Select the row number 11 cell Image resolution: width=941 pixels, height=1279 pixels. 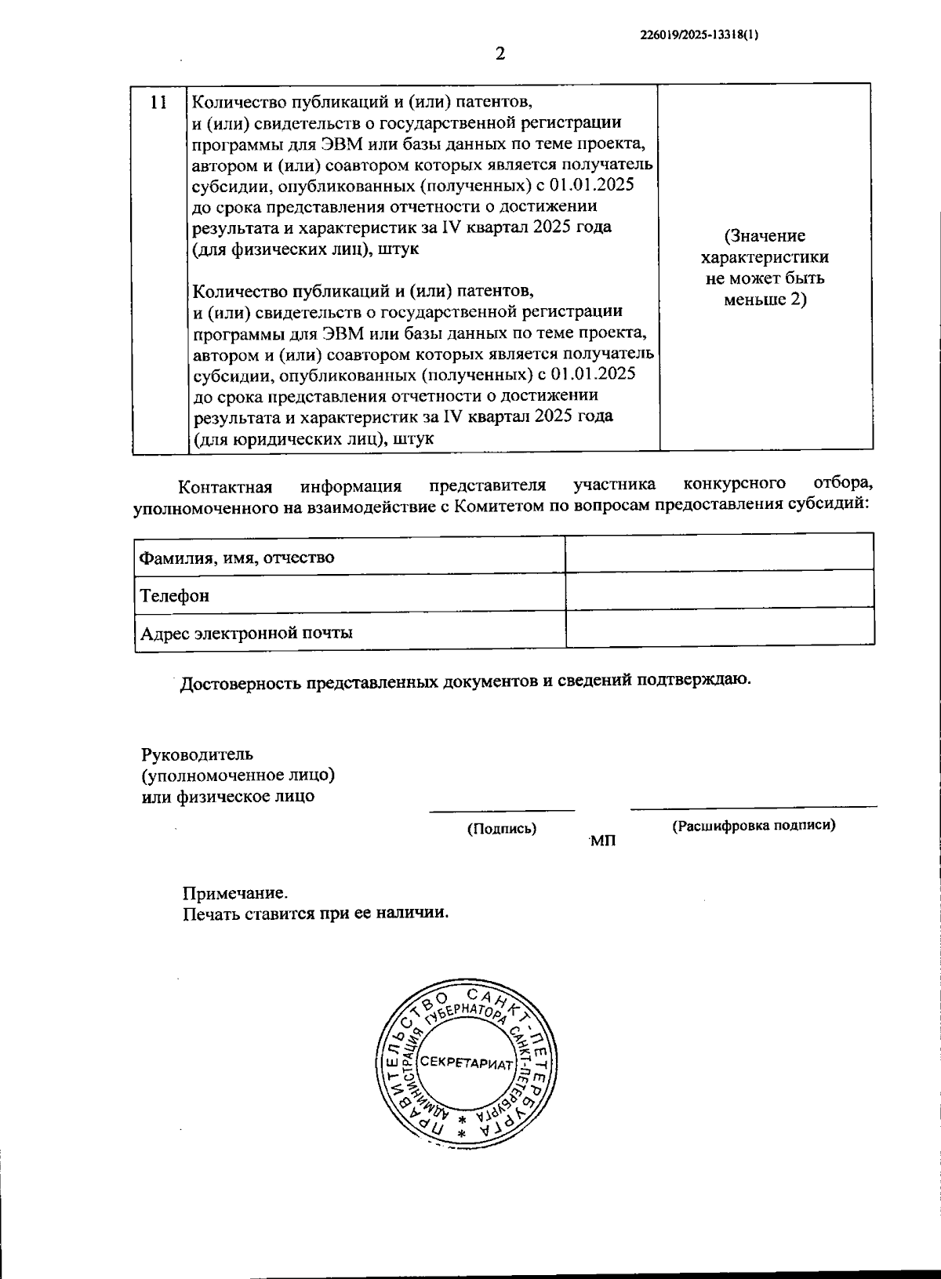158,103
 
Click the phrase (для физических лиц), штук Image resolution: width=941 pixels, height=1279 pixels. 306,249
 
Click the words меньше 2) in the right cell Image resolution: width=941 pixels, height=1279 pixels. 765,300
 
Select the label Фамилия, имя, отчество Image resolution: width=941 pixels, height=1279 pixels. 237,558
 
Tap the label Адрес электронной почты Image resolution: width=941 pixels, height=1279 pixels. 245,633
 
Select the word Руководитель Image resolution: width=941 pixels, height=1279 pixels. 197,754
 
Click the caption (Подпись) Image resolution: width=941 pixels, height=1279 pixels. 502,828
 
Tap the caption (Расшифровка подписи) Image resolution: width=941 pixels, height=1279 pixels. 754,825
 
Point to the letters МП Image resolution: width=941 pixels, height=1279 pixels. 603,841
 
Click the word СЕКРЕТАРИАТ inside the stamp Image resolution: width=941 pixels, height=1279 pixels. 466,1063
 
